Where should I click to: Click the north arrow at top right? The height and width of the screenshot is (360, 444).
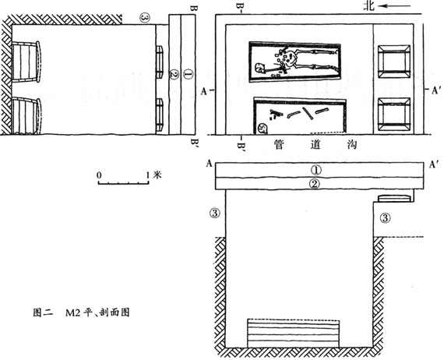[393, 6]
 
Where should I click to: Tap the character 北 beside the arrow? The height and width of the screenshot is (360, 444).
[369, 5]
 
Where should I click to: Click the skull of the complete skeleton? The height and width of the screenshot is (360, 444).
[259, 69]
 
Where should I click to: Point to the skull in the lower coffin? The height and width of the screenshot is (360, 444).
[262, 129]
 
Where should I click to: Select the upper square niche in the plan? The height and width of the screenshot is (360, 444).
[393, 62]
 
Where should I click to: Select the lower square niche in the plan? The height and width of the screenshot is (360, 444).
[393, 114]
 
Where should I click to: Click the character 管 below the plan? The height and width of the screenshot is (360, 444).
[279, 145]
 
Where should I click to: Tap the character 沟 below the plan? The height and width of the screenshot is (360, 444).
[351, 145]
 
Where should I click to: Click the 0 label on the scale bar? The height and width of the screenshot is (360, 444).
[99, 175]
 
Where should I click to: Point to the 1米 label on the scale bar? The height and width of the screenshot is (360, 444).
[153, 175]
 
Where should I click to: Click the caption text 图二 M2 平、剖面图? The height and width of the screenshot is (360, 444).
[81, 312]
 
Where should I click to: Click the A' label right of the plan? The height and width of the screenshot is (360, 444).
[435, 90]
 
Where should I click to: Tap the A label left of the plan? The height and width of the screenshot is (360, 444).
[203, 91]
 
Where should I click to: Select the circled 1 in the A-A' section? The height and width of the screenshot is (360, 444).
[315, 170]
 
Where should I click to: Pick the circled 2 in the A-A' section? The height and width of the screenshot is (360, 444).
[315, 184]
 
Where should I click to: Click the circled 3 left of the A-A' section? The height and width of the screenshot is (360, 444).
[215, 213]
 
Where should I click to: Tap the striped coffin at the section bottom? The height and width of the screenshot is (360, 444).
[294, 333]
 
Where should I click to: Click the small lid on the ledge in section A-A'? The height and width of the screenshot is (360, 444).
[395, 198]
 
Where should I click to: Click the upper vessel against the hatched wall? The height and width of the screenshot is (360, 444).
[26, 62]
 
